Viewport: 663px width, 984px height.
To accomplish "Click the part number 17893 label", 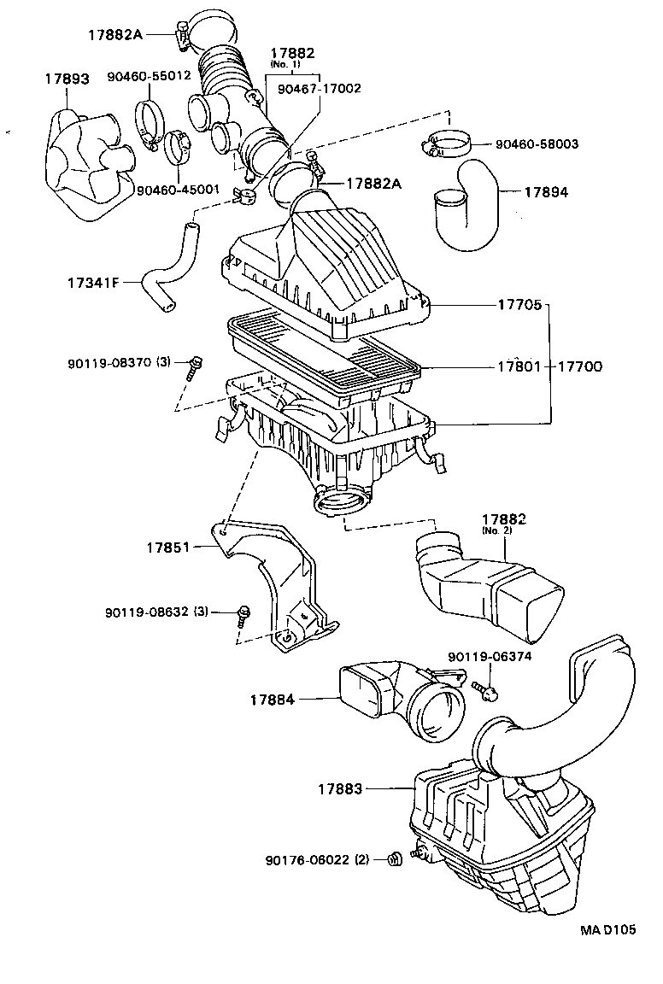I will (x=67, y=79).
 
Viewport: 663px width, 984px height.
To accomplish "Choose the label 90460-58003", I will (x=536, y=144).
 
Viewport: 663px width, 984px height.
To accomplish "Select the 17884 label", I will (x=273, y=700).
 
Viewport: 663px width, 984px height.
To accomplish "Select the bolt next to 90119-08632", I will (x=243, y=615).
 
